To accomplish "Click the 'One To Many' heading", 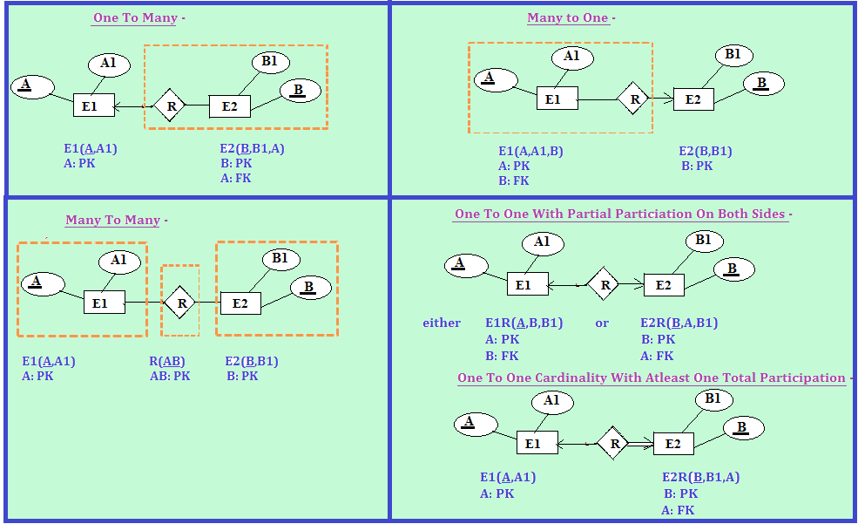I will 135,18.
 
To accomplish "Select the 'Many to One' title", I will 568,18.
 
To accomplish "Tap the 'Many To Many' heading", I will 113,221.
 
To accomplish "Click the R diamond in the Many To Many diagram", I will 181,303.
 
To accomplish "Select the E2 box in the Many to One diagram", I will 693,99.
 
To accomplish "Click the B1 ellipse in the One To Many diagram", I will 269,62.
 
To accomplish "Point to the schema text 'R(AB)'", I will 167,361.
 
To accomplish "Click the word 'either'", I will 442,323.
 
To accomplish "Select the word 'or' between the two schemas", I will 602,323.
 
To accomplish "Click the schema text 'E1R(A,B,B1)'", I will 524,323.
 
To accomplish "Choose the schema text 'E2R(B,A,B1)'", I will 679,323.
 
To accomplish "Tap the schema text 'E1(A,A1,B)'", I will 530,151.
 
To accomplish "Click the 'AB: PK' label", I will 170,377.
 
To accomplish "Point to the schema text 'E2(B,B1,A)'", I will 252,149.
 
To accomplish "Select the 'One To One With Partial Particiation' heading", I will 622,214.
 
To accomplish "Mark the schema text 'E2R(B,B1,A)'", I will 700,478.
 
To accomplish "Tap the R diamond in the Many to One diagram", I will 635,99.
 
